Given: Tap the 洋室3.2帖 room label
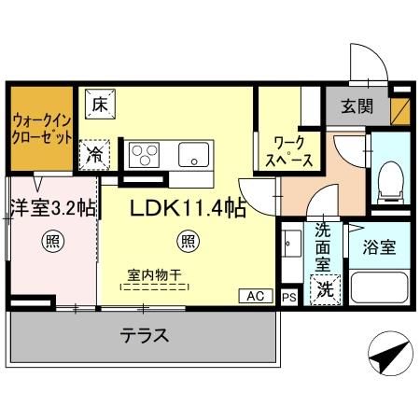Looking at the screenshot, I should tap(52, 208).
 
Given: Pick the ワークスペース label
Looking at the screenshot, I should tap(291, 153).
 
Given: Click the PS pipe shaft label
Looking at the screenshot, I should tap(289, 297).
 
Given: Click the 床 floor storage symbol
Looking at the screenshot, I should tap(100, 104).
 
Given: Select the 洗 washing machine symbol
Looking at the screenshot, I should tap(325, 290).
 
